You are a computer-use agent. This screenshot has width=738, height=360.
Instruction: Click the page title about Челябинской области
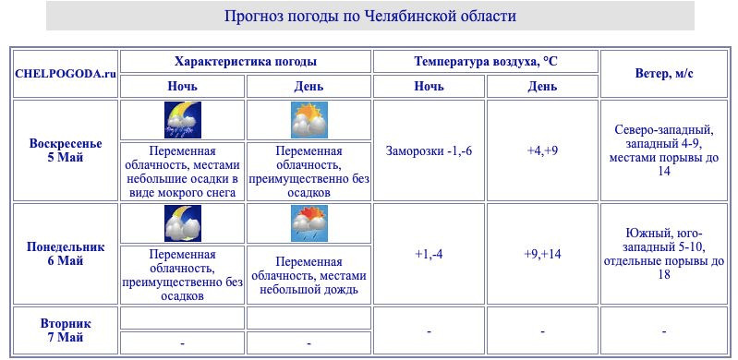click(369, 17)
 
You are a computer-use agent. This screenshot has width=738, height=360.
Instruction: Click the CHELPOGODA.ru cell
click(65, 74)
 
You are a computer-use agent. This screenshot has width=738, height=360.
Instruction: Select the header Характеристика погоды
click(246, 61)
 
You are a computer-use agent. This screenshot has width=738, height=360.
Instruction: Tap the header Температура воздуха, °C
click(486, 61)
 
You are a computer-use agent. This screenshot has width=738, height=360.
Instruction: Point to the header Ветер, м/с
click(665, 74)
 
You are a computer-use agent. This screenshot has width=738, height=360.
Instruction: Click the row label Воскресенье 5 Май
click(65, 150)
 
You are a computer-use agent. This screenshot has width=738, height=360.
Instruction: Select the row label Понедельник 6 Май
click(65, 254)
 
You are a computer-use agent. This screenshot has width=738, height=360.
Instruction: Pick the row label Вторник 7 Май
click(65, 330)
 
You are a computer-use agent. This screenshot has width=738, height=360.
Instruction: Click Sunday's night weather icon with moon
click(182, 120)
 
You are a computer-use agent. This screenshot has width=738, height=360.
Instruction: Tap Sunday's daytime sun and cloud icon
click(309, 120)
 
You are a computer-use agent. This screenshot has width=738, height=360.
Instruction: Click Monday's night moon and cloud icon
click(182, 223)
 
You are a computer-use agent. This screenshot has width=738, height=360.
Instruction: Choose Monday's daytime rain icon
click(309, 223)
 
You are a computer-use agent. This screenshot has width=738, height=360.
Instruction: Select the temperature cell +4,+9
click(542, 150)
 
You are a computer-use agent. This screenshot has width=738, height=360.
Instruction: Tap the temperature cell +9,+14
click(542, 254)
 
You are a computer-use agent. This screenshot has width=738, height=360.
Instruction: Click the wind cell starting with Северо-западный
click(664, 150)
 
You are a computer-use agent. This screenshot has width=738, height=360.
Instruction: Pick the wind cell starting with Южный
click(664, 254)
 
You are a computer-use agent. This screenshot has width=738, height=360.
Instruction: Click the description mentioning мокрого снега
click(182, 172)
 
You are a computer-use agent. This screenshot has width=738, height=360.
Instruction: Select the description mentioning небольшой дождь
click(309, 275)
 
